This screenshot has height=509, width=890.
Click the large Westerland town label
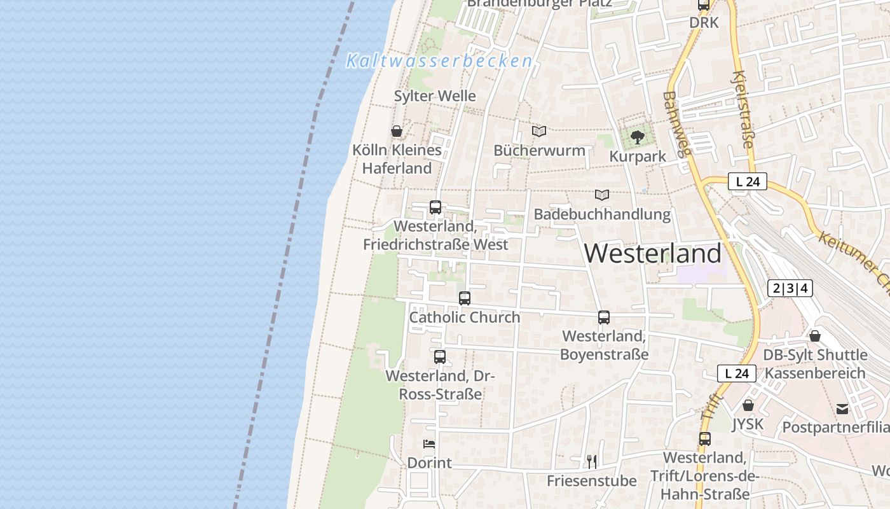coord(653,254)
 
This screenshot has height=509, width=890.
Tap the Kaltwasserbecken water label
coord(439,61)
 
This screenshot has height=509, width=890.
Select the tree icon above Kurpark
coord(637,137)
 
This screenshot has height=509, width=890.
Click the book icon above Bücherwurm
coord(539,132)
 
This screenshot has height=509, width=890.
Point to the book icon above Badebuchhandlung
coord(602,195)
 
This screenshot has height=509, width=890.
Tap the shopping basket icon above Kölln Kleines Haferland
coord(397,132)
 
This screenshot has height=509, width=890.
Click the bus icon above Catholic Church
coord(465,298)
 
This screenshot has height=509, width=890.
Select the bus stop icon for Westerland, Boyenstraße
coord(604,317)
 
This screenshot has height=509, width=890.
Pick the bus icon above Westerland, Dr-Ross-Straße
coord(440,357)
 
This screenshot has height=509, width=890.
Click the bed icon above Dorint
coord(429,444)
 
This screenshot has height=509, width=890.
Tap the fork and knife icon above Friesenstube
coord(592,461)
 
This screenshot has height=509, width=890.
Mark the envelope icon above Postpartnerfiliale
coord(842,408)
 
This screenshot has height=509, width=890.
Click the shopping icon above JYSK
coord(748,405)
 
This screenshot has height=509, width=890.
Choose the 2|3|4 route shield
coord(790,288)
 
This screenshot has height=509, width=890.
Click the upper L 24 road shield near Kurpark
coord(748,182)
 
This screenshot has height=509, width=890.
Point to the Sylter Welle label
coord(435,96)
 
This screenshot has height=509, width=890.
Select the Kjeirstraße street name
coord(743,109)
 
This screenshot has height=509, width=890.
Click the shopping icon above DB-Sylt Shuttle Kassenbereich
coord(815,336)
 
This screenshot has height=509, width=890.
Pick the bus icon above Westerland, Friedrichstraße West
coord(435,207)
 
